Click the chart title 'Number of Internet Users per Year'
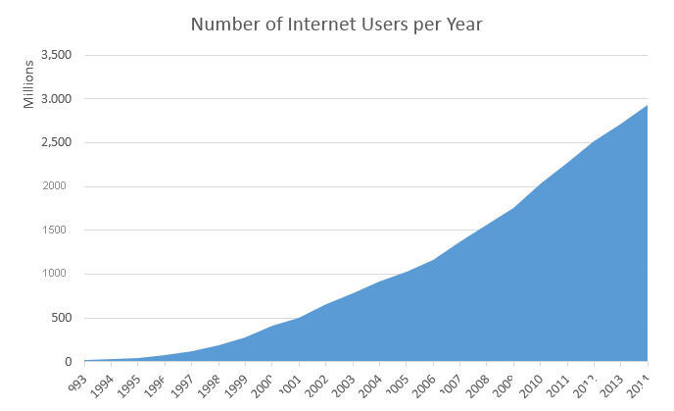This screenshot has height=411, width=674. tap(336, 23)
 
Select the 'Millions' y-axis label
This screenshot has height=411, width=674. tap(29, 84)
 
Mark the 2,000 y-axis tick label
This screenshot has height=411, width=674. tap(58, 186)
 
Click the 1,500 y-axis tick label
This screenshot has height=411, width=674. tap(60, 231)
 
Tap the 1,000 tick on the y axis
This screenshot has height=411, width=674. tap(60, 274)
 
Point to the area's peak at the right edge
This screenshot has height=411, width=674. tap(647, 106)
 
